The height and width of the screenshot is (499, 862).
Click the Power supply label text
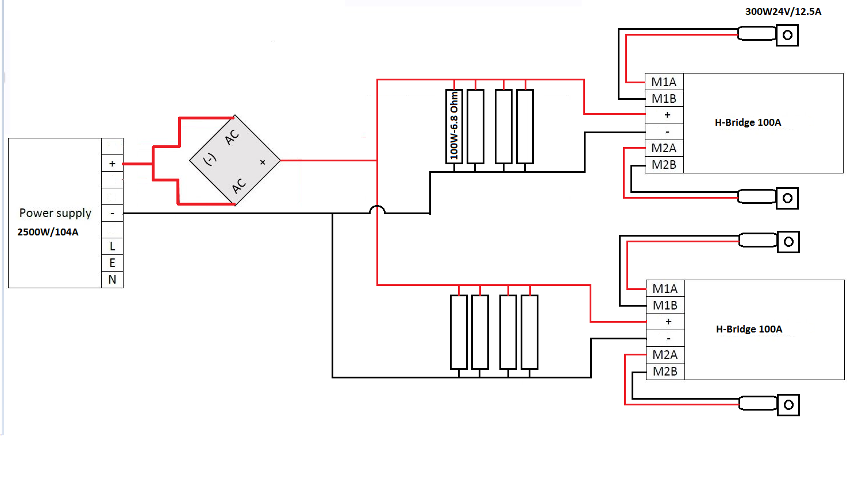55,214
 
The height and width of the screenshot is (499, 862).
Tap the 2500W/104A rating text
48,232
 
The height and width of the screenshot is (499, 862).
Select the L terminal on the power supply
113,246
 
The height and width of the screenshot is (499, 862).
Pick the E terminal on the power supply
113,263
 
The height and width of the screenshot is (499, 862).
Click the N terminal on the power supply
113,280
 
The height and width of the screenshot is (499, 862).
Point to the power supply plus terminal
113,164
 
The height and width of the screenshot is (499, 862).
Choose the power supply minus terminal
113,213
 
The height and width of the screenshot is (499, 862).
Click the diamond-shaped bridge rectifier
234,160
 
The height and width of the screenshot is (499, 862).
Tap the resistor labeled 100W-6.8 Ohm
454,126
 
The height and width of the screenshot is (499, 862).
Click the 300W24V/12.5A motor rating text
783,11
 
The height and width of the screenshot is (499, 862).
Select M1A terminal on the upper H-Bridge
664,82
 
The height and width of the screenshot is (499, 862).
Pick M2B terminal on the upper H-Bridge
664,165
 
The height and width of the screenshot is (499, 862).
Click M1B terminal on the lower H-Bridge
665,305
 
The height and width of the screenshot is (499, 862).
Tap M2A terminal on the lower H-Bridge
665,355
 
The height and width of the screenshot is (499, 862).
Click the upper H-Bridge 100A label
748,123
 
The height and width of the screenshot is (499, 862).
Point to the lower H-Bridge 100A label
749,329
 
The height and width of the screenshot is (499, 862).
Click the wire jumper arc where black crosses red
377,207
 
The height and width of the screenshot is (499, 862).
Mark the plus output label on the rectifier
263,163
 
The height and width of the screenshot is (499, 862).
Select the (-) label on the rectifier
210,158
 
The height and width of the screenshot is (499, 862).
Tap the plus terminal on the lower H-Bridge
665,322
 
